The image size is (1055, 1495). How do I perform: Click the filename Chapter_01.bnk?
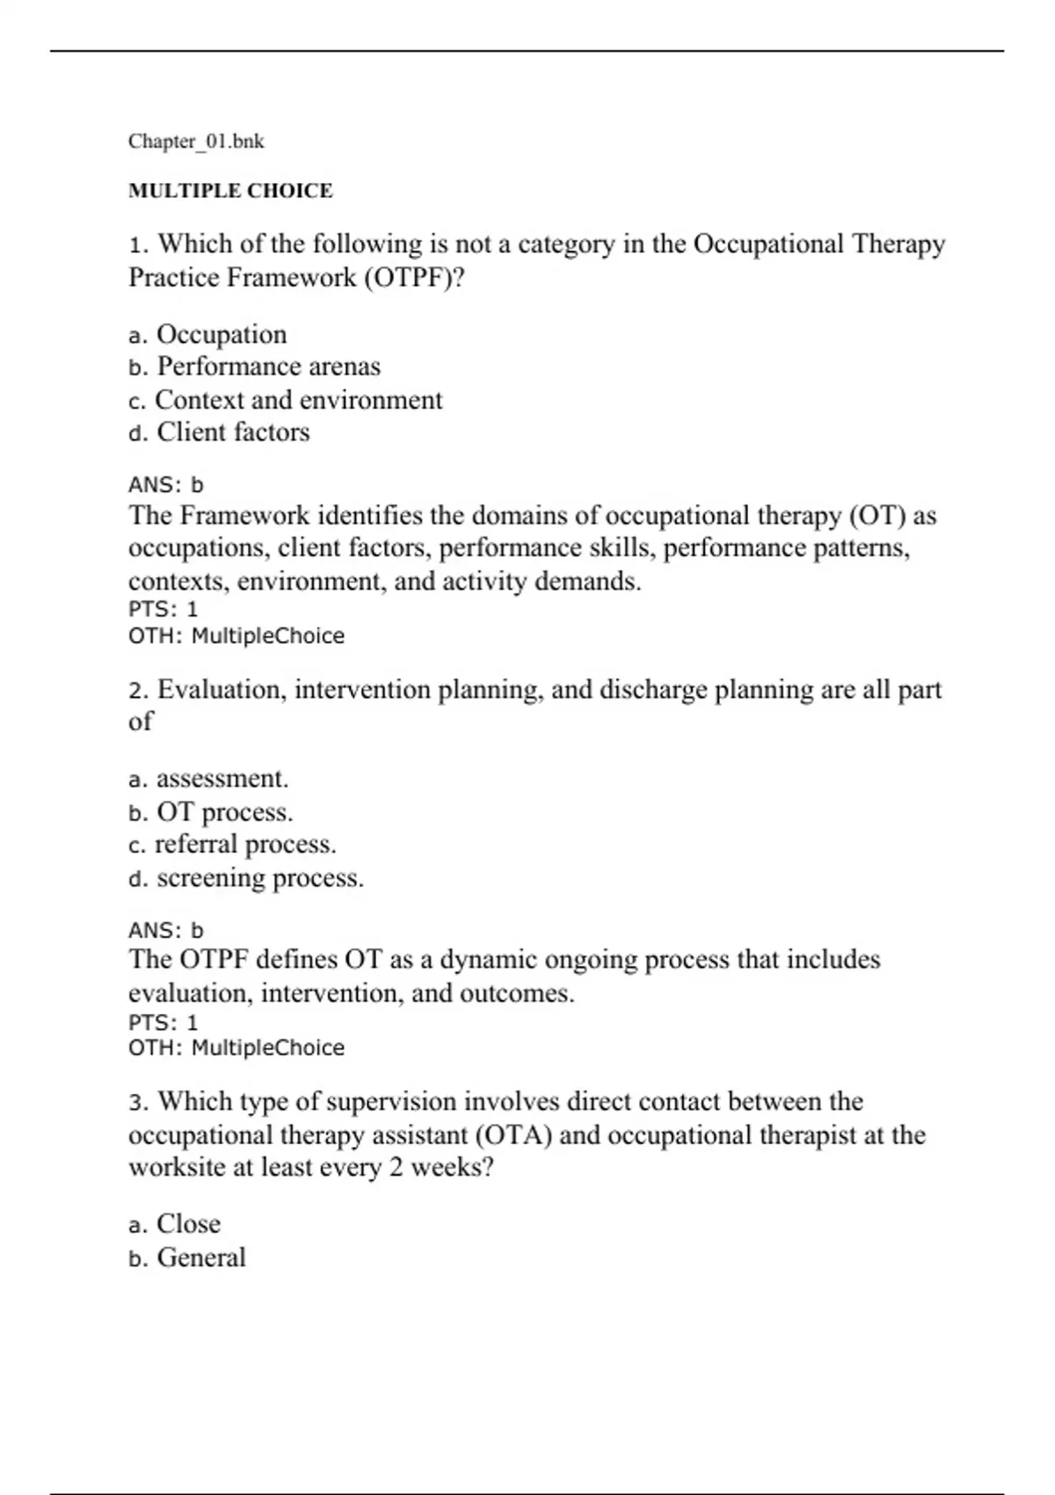point(196,142)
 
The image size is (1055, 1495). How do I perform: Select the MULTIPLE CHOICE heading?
point(230,191)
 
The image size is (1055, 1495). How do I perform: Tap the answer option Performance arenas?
point(268,367)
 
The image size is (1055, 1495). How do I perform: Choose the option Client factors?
point(233,433)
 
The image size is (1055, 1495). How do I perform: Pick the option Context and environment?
point(298,400)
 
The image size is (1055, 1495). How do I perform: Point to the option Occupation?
point(222,335)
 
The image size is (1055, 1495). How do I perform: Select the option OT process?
point(224,812)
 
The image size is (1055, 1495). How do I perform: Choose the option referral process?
point(245,844)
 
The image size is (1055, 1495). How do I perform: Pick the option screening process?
point(259,878)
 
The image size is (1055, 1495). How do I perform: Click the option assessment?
point(222,779)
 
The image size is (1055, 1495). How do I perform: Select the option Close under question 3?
point(188,1224)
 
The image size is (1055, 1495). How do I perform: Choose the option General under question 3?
point(201,1258)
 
